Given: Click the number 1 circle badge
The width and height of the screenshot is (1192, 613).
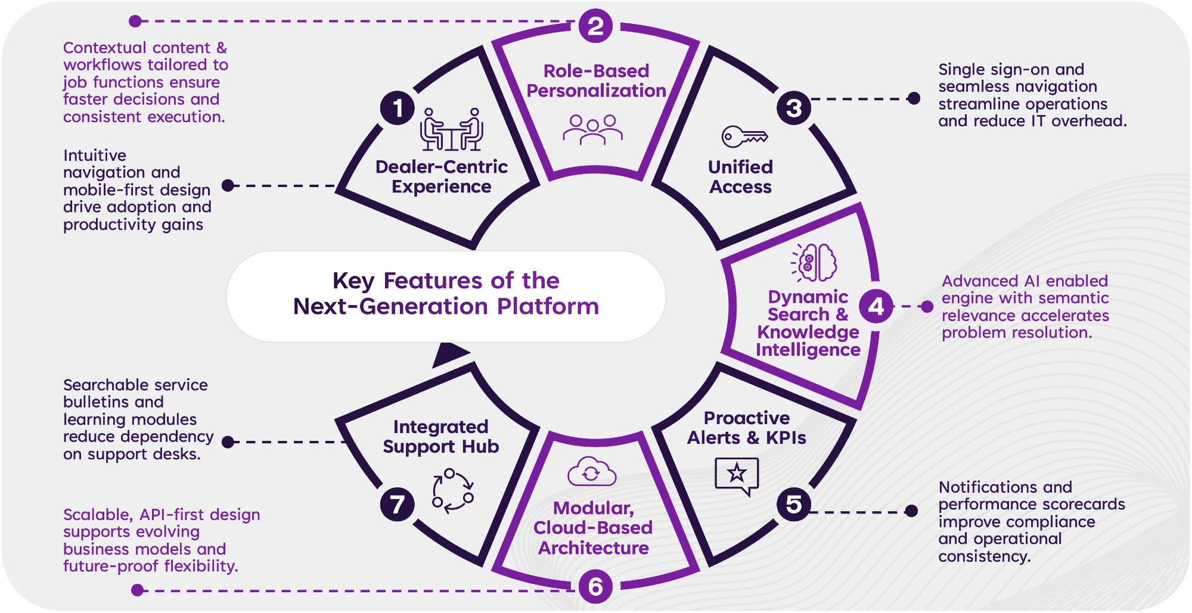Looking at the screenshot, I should [398, 108].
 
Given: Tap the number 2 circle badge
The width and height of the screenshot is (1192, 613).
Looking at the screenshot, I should [595, 26].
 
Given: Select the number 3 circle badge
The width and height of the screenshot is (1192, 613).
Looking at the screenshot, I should [793, 108].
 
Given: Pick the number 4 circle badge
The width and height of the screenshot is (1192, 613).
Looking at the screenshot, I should [876, 306].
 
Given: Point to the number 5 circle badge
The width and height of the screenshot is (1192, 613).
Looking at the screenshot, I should [793, 504].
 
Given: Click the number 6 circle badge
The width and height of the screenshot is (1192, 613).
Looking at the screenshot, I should [595, 587].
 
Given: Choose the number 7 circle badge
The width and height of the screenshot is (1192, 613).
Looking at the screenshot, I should [397, 505].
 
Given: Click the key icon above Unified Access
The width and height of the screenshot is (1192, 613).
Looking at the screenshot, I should [744, 136].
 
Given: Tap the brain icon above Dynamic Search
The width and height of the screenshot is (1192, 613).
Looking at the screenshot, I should [814, 262].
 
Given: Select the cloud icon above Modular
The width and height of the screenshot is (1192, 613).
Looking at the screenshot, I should [591, 472].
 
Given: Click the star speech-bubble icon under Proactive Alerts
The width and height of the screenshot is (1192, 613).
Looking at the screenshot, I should [737, 475].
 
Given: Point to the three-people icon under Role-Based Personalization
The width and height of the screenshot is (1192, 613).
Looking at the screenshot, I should [592, 130].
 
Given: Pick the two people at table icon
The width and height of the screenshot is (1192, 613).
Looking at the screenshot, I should [451, 129].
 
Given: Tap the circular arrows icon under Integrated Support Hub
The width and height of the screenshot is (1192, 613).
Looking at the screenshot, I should [453, 490].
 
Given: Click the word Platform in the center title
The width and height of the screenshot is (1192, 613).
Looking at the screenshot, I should [548, 306].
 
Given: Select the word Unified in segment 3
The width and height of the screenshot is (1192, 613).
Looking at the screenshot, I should [740, 167].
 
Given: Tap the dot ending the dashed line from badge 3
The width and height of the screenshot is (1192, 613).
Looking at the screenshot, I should [913, 99].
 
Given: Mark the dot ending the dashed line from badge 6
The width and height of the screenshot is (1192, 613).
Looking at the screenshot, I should [137, 590].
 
